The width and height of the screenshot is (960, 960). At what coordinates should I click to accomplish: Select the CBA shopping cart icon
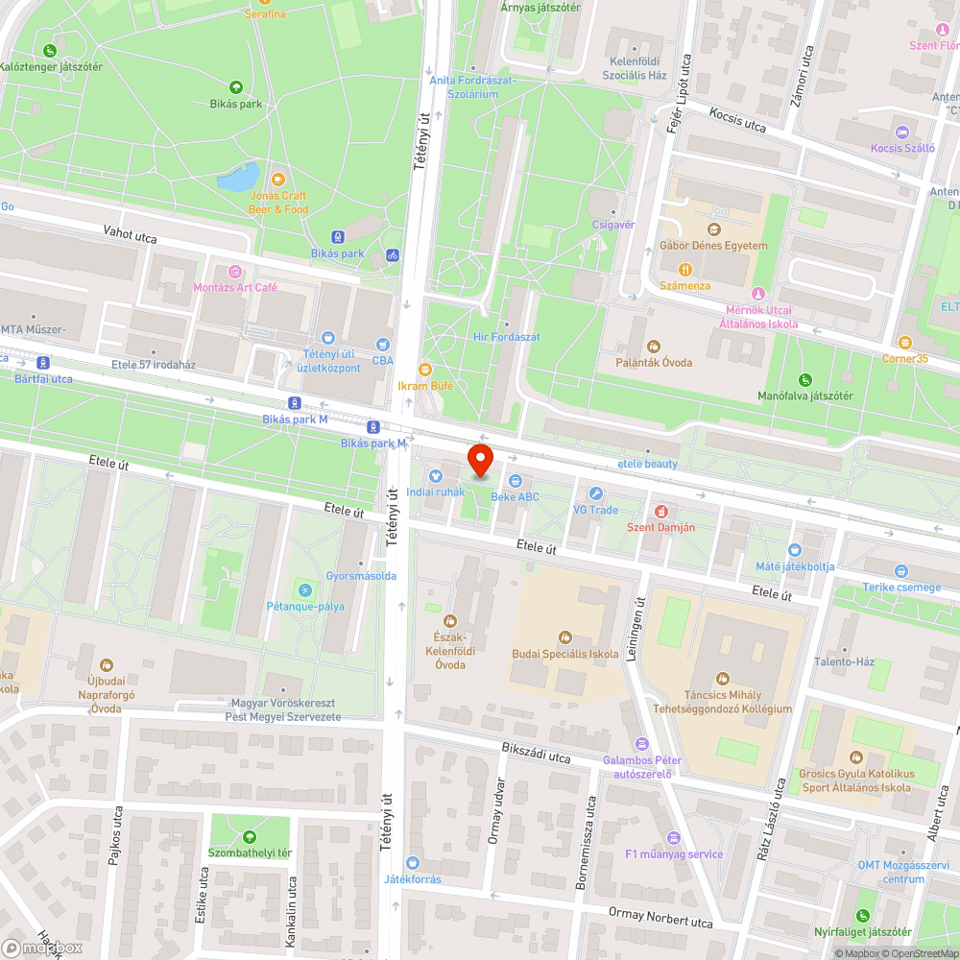[x=383, y=345]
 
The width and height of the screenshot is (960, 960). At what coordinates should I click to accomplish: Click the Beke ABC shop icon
[x=516, y=480]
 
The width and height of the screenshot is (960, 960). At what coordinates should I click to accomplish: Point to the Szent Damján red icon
[x=660, y=512]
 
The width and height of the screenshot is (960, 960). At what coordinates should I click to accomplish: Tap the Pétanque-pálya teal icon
[x=305, y=589]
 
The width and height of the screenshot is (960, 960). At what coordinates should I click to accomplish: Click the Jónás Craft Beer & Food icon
[x=278, y=179]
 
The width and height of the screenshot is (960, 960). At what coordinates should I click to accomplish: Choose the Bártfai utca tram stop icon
[x=41, y=363]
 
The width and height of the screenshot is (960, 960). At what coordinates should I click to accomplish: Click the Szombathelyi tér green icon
[x=250, y=836]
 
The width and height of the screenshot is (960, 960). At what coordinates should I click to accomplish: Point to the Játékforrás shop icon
[x=413, y=863]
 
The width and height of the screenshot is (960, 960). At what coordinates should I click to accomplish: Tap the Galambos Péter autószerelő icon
[x=642, y=744]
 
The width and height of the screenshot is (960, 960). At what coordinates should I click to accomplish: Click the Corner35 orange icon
[x=905, y=343]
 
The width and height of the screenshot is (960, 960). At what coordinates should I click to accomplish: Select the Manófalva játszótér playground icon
[x=804, y=379]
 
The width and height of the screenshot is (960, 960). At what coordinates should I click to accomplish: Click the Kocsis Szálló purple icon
[x=901, y=132]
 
